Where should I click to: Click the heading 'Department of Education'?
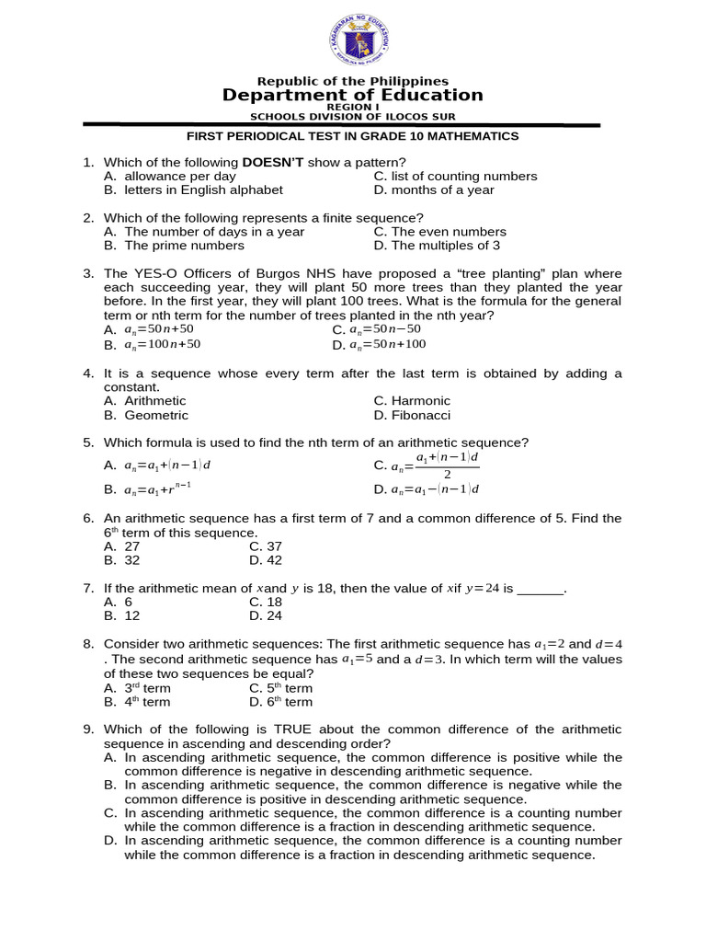(x=352, y=95)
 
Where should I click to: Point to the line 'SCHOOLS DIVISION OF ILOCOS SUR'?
(x=353, y=116)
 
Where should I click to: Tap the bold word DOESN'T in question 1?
(x=273, y=163)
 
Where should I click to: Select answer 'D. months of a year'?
(x=434, y=190)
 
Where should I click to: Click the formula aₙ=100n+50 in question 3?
(x=162, y=345)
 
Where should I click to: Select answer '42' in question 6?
(x=273, y=560)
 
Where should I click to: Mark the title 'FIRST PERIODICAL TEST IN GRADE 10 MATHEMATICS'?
(x=353, y=136)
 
